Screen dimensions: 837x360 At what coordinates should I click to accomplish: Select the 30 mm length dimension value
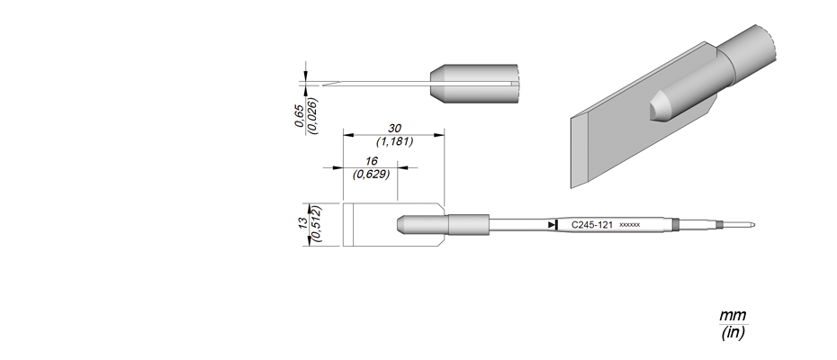(x=394, y=129)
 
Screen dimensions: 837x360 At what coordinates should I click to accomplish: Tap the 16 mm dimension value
(x=372, y=161)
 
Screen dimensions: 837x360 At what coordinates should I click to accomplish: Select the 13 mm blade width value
(x=303, y=221)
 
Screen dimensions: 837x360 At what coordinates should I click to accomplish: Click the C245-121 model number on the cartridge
(x=592, y=225)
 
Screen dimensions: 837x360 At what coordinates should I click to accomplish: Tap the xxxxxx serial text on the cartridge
(x=629, y=225)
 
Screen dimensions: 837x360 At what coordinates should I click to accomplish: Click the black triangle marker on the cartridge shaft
(x=553, y=225)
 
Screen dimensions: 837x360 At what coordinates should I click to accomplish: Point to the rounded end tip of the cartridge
(x=752, y=225)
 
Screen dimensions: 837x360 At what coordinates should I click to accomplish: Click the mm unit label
(x=733, y=315)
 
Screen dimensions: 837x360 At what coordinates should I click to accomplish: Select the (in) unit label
(x=733, y=333)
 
